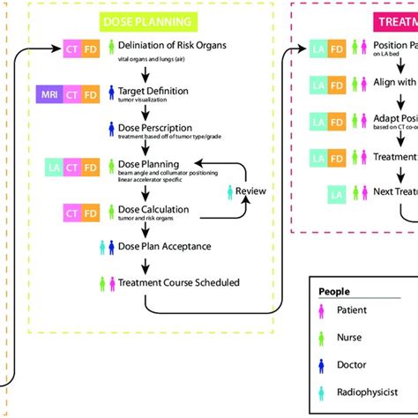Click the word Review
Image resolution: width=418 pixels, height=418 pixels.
250,190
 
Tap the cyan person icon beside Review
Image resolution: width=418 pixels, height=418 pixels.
230,190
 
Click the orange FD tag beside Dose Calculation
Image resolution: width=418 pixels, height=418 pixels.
92,212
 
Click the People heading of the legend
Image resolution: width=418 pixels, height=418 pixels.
334,291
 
